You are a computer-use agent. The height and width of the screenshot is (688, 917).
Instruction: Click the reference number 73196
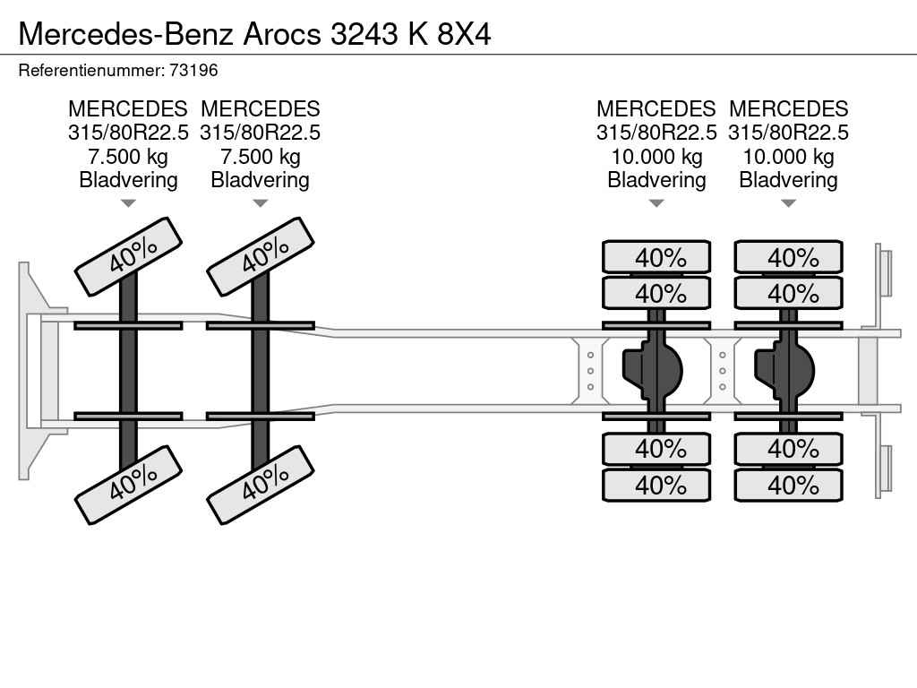click(193, 71)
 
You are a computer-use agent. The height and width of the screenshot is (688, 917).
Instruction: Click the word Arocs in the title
click(282, 34)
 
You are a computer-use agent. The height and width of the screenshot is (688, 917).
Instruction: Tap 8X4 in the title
click(464, 34)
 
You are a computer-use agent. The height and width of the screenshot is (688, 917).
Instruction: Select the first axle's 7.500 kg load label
click(128, 157)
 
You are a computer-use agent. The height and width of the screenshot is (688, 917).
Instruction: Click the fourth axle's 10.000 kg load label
click(788, 157)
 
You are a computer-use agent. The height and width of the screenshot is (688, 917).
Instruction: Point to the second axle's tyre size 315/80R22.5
click(261, 133)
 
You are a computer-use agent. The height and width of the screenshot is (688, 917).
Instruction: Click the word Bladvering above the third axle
click(656, 180)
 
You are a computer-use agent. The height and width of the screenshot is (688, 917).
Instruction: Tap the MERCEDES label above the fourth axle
click(788, 108)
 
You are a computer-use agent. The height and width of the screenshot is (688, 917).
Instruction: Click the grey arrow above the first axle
click(128, 203)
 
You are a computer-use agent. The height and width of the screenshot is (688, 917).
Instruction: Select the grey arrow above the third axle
click(656, 203)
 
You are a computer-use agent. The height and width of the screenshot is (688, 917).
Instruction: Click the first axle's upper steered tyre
click(129, 256)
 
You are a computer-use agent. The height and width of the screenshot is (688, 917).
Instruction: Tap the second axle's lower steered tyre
click(261, 485)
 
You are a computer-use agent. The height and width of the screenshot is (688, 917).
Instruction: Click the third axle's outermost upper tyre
click(656, 257)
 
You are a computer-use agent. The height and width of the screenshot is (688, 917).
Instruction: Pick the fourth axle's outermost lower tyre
click(788, 485)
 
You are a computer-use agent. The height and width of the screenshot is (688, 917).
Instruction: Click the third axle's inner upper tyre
click(656, 293)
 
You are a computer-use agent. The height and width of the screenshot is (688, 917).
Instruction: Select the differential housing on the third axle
click(652, 371)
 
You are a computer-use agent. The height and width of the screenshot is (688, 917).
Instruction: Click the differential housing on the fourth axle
click(784, 371)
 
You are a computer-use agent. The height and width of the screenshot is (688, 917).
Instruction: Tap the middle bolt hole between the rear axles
click(723, 371)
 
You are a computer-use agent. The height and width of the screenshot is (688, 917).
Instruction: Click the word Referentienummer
click(91, 71)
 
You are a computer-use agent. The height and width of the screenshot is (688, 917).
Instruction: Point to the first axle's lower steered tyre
click(129, 485)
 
